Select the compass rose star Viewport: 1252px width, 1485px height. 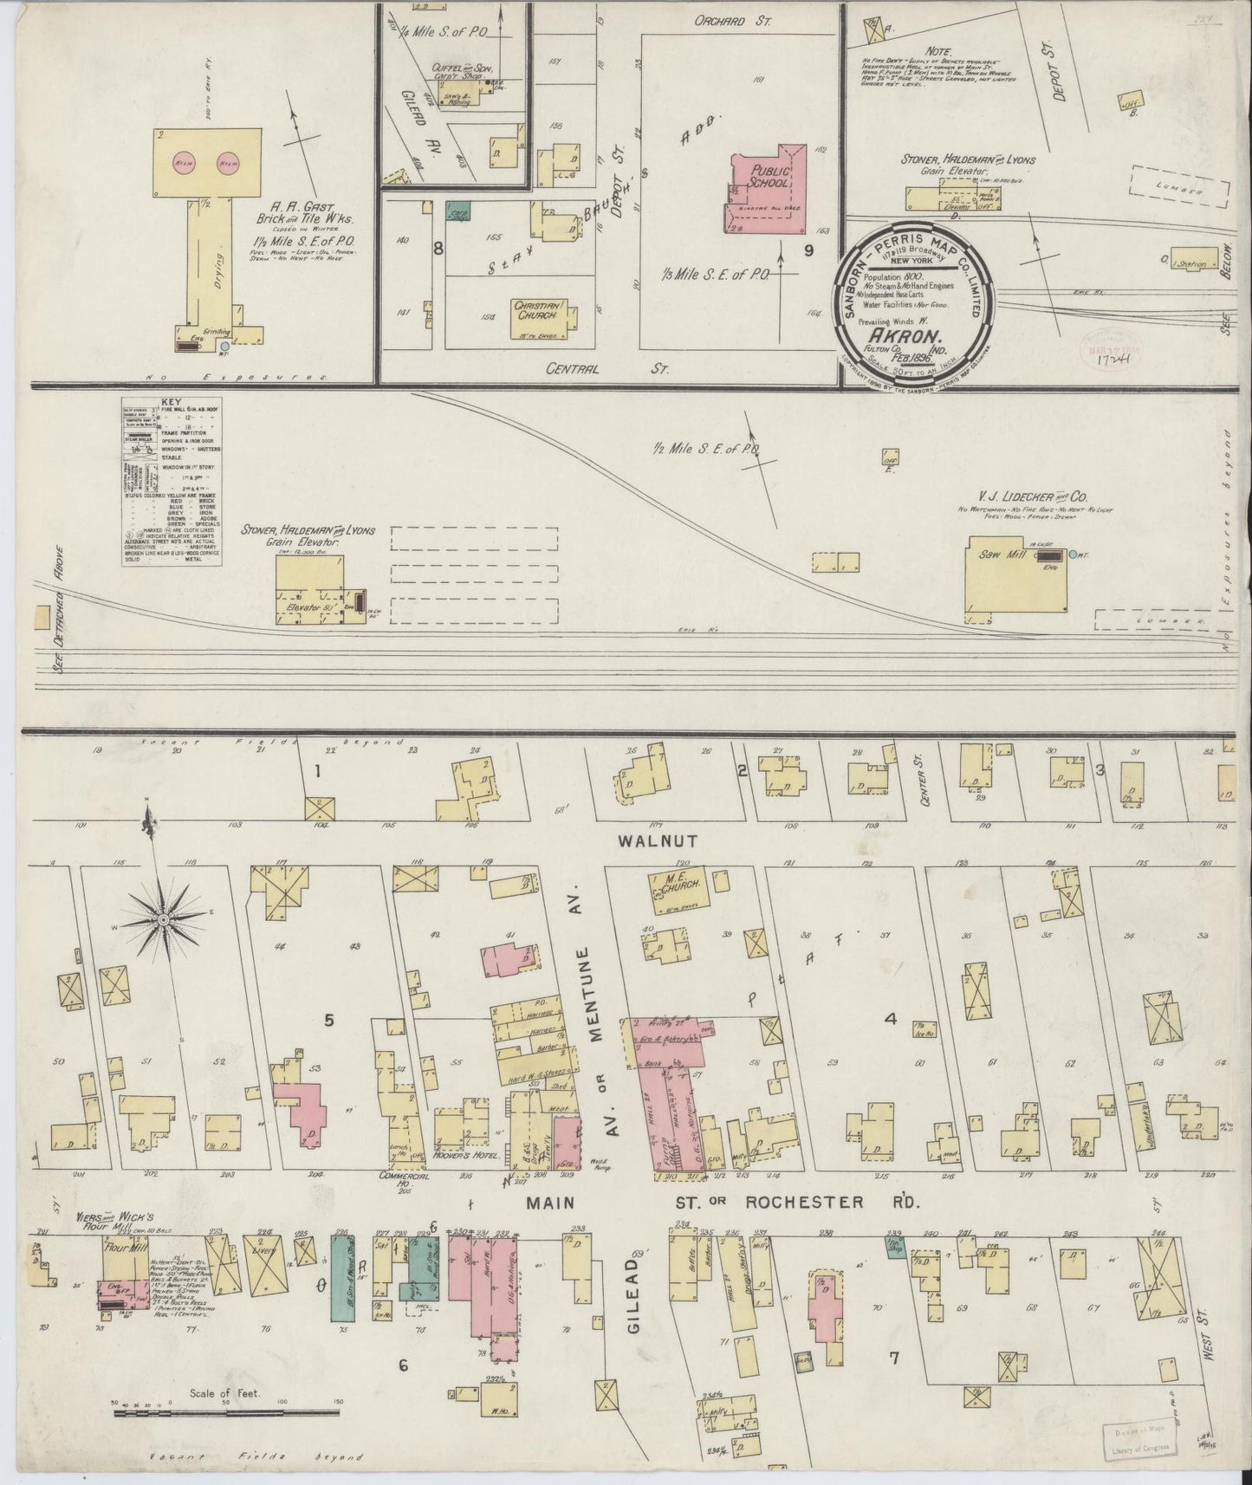pyautogui.click(x=162, y=918)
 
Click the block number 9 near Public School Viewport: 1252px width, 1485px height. pyautogui.click(x=808, y=252)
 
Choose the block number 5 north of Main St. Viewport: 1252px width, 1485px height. pyautogui.click(x=329, y=1020)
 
